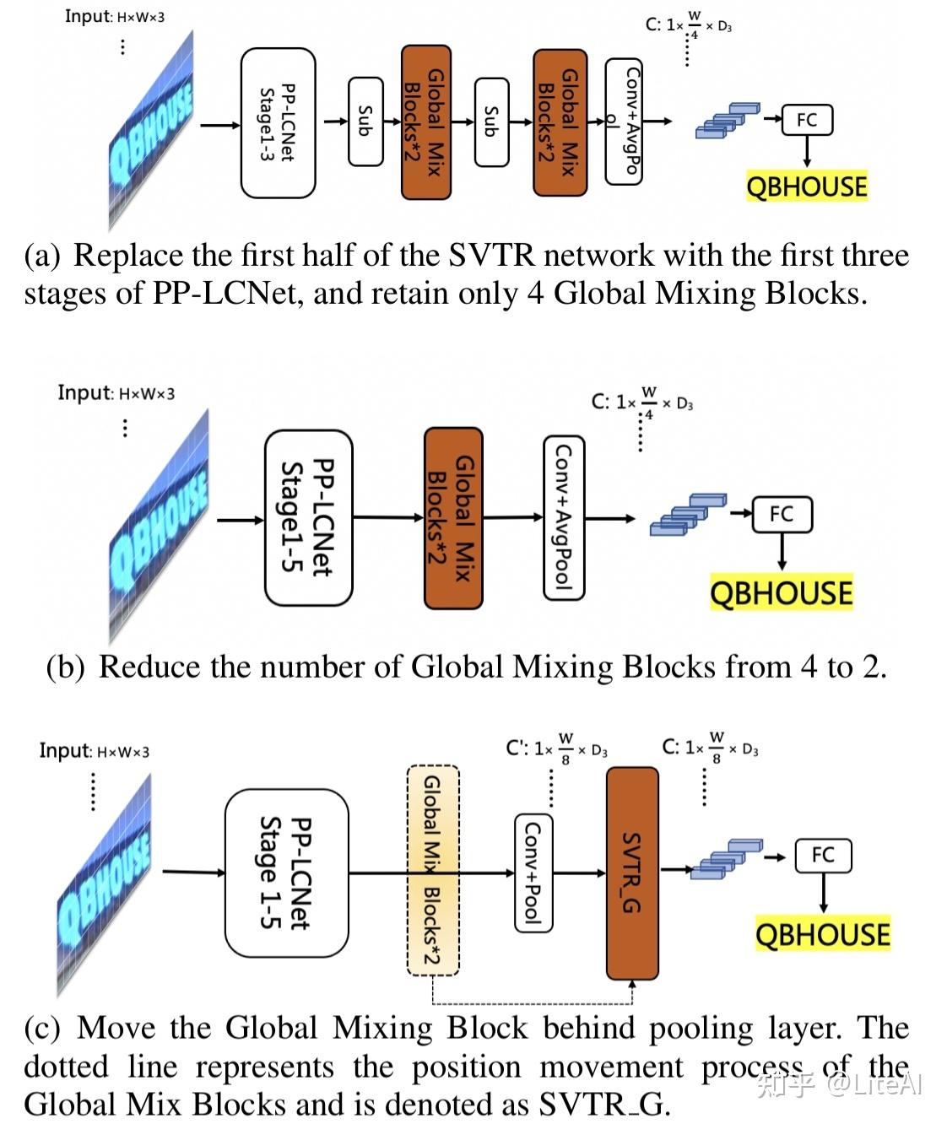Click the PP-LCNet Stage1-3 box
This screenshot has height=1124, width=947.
click(x=278, y=123)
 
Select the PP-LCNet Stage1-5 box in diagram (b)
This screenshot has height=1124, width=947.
click(x=308, y=517)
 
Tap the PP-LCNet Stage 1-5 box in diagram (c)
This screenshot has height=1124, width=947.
click(x=286, y=873)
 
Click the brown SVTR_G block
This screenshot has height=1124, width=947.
click(x=632, y=873)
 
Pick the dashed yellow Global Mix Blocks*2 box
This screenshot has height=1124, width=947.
click(x=432, y=870)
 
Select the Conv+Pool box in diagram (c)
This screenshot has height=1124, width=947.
click(x=533, y=873)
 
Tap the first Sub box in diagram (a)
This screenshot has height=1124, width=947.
click(x=365, y=121)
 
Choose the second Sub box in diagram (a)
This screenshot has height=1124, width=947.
click(x=491, y=121)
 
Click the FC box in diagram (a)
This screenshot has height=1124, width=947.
click(x=807, y=120)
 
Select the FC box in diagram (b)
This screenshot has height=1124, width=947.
click(x=782, y=514)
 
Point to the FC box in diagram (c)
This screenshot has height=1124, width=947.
click(x=823, y=855)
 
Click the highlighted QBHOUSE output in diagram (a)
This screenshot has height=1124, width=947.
click(x=806, y=186)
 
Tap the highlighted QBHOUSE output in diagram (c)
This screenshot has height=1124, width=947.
click(x=822, y=935)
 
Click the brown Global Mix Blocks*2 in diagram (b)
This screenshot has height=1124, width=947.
click(x=452, y=517)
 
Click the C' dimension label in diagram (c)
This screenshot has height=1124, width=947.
click(x=556, y=748)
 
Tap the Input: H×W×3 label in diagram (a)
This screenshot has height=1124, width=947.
click(x=115, y=16)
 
